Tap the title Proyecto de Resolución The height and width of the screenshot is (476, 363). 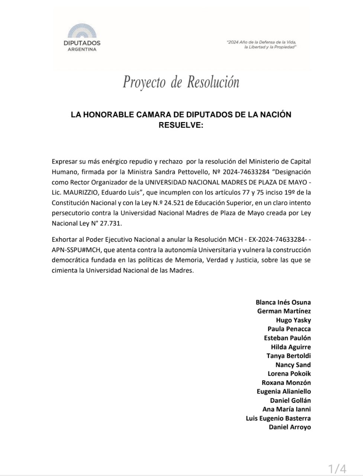point(181,82)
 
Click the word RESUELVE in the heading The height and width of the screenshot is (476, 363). point(181,125)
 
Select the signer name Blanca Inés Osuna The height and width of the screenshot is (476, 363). point(283,302)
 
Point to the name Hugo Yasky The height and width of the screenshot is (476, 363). point(293,320)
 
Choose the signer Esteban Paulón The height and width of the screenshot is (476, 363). point(287,338)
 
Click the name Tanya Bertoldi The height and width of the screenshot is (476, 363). point(288,356)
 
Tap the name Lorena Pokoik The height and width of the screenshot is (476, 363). point(289,374)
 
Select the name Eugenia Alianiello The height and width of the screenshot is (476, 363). point(283,392)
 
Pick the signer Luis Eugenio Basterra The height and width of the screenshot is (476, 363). point(278,418)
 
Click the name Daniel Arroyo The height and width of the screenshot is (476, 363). point(290,427)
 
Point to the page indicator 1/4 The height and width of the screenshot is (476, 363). point(337,469)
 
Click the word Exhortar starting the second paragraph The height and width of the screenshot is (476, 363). point(64,239)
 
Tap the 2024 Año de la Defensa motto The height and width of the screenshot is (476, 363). point(263,45)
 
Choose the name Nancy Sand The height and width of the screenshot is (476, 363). point(293,365)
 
